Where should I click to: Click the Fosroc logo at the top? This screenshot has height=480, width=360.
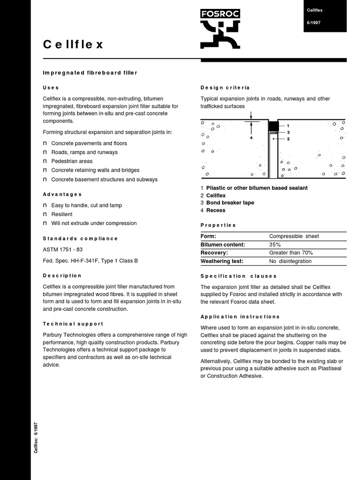[x=220, y=29]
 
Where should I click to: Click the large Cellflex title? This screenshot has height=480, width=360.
[x=73, y=45]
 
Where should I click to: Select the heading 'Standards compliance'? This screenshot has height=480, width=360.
[x=81, y=239]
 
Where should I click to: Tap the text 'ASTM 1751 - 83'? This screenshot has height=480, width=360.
[x=63, y=249]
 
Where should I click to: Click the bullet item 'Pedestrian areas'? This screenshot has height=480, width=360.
[x=72, y=161]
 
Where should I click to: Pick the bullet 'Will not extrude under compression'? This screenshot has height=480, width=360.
[x=94, y=223]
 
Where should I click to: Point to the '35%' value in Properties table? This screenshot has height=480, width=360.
[x=275, y=245]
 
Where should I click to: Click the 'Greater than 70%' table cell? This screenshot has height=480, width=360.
[x=291, y=253]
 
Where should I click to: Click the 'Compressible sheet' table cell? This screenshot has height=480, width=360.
[x=294, y=236]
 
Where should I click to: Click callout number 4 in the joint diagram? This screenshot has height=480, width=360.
[x=251, y=138]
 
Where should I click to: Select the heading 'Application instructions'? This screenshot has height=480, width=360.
[x=240, y=317]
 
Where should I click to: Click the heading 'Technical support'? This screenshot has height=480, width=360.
[x=73, y=324]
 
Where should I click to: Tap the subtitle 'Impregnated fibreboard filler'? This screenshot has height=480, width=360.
[x=90, y=73]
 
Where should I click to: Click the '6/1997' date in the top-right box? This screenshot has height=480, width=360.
[x=314, y=22]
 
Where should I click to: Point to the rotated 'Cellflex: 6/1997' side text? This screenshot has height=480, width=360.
[x=36, y=437]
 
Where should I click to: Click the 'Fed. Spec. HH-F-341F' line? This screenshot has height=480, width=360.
[x=90, y=261]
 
